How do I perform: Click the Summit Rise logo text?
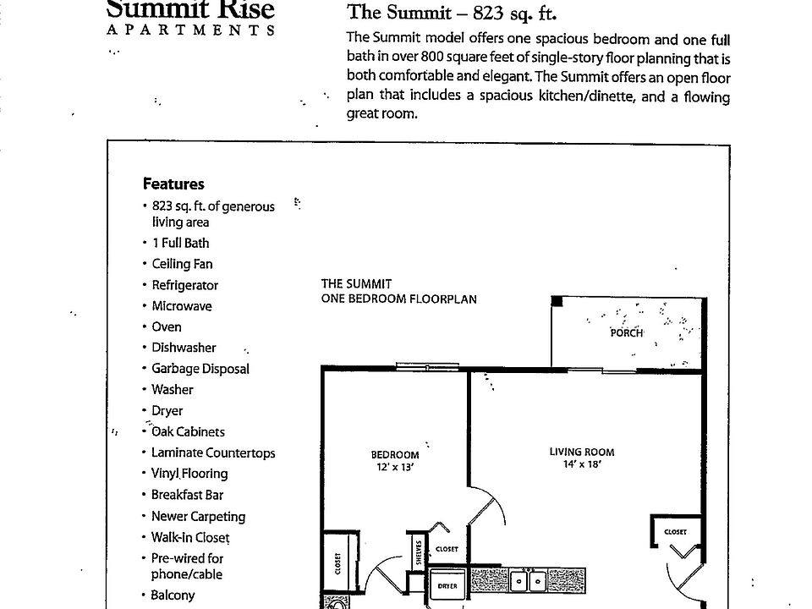click(190, 10)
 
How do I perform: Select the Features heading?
click(173, 184)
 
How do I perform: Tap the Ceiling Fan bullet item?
click(182, 264)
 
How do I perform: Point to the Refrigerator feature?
click(184, 285)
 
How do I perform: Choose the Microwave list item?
click(181, 306)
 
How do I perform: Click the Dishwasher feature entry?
click(184, 348)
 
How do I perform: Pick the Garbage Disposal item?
click(200, 369)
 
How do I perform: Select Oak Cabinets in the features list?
click(188, 431)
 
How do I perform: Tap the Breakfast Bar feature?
click(187, 495)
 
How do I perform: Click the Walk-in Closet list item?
click(190, 537)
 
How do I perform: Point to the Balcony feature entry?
click(173, 595)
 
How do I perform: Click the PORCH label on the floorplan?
click(627, 333)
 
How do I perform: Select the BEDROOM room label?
click(395, 454)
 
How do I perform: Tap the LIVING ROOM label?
click(582, 452)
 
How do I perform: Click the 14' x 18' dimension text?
click(581, 464)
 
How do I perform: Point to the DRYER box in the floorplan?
click(447, 585)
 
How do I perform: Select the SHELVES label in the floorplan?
click(419, 553)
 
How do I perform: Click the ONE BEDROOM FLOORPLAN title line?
click(399, 299)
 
